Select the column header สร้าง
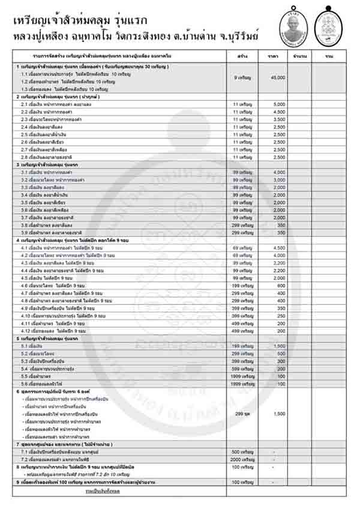click(x=244, y=56)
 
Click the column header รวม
click(x=329, y=56)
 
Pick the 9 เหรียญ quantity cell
click(x=244, y=78)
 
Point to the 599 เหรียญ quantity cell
click(x=243, y=369)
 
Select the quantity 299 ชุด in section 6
click(x=244, y=414)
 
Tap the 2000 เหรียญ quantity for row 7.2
click(x=243, y=459)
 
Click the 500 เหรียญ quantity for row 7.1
click(x=243, y=451)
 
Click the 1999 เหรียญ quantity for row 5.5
click(x=243, y=376)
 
